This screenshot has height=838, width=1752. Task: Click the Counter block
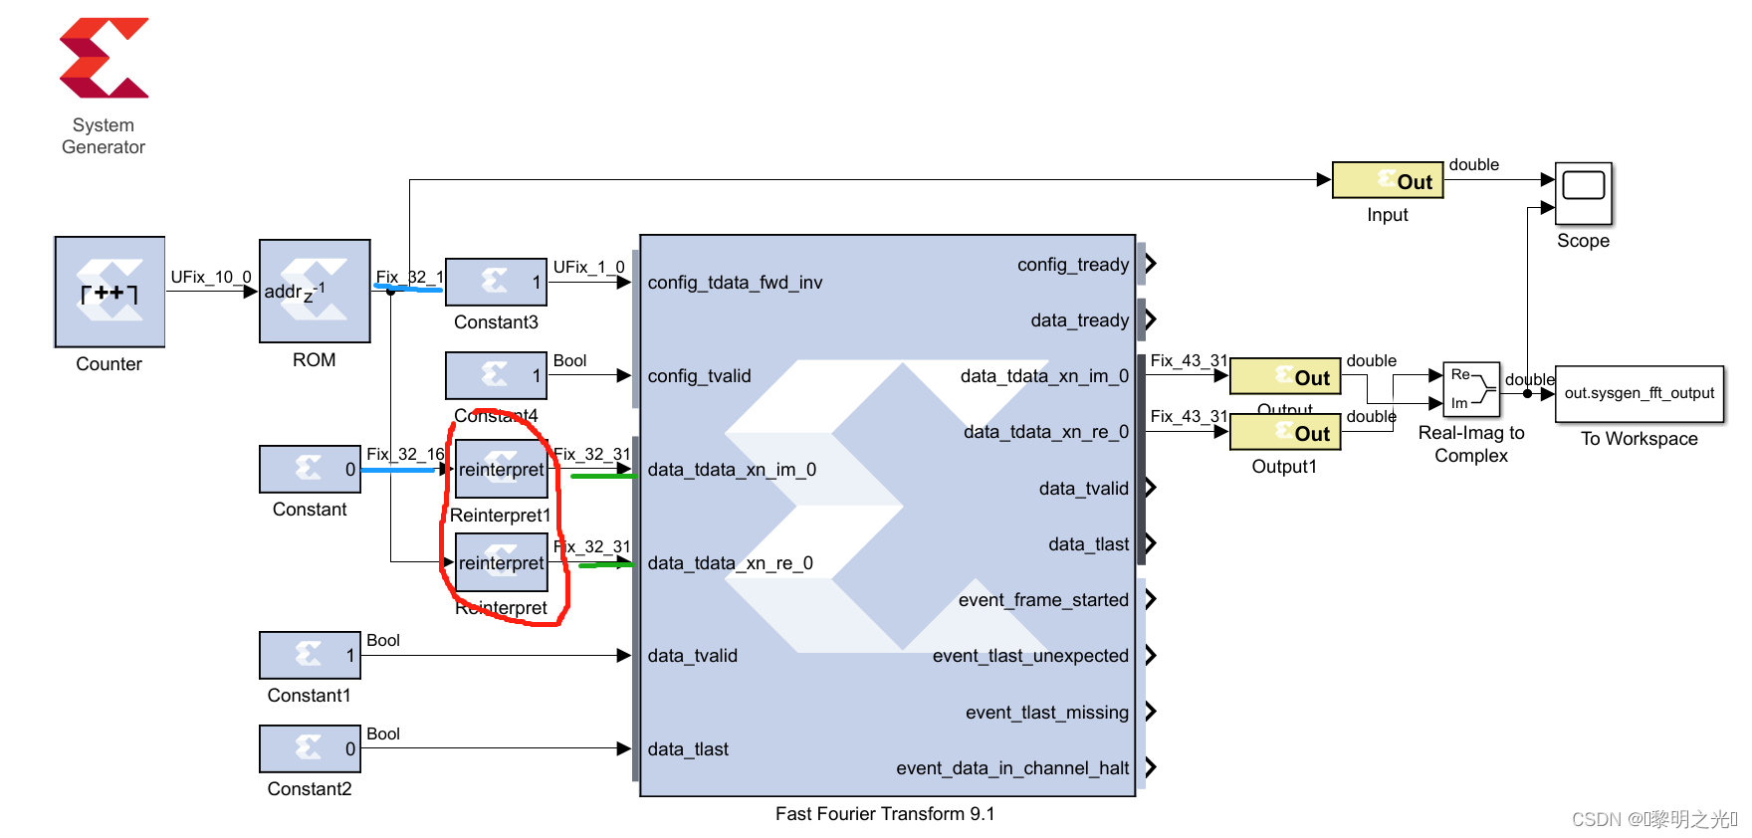pyautogui.click(x=109, y=292)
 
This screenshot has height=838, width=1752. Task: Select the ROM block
pyautogui.click(x=315, y=291)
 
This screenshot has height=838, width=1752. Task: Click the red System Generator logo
pyautogui.click(x=104, y=58)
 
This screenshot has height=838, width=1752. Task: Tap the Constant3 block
pyautogui.click(x=496, y=282)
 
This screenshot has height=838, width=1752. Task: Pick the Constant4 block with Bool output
pyautogui.click(x=496, y=375)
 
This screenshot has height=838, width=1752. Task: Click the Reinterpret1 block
pyautogui.click(x=502, y=469)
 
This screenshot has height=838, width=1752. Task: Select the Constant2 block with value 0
pyautogui.click(x=310, y=748)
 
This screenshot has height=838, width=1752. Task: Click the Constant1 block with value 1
pyautogui.click(x=310, y=655)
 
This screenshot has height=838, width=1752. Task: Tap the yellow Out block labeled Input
pyautogui.click(x=1387, y=180)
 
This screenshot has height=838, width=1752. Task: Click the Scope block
pyautogui.click(x=1583, y=194)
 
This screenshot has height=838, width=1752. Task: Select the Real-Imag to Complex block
pyautogui.click(x=1470, y=389)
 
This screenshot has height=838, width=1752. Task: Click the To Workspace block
pyautogui.click(x=1639, y=393)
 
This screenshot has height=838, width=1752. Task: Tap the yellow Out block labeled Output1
pyautogui.click(x=1285, y=433)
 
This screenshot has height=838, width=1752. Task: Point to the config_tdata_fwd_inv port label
pyautogui.click(x=735, y=283)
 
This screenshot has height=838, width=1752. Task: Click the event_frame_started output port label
pyautogui.click(x=1043, y=600)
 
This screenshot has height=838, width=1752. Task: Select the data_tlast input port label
pyautogui.click(x=688, y=749)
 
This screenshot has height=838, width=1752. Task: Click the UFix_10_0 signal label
pyautogui.click(x=211, y=277)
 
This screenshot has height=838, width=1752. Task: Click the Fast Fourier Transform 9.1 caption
pyautogui.click(x=885, y=814)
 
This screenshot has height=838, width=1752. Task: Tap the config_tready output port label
pyautogui.click(x=1072, y=265)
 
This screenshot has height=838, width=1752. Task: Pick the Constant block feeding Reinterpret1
pyautogui.click(x=310, y=469)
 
